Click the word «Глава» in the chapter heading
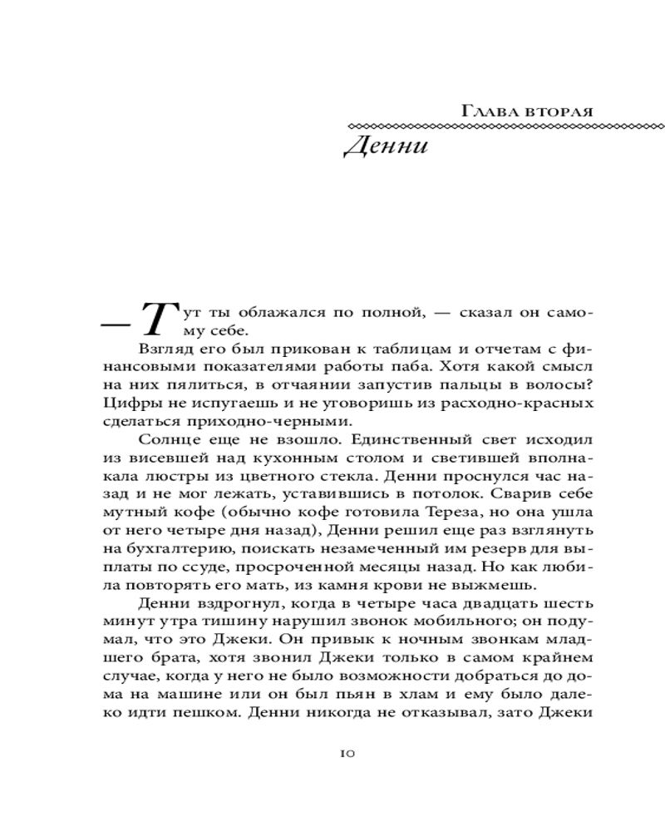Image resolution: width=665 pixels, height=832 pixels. tap(485, 111)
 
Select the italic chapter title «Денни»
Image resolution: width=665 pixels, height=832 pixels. tap(385, 147)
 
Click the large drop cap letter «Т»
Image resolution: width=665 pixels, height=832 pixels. tap(157, 319)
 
